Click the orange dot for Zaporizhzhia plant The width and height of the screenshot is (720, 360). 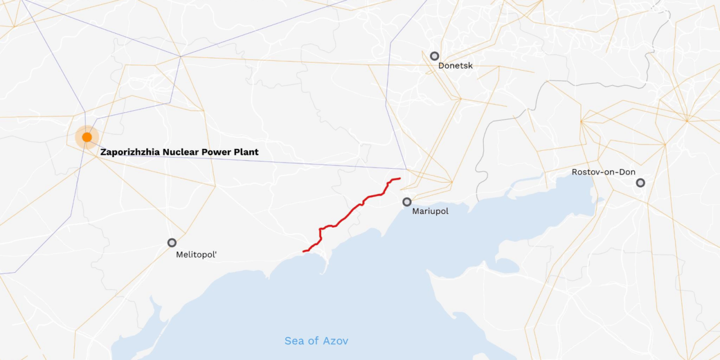[87, 137]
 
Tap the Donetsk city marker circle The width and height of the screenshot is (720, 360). [434, 56]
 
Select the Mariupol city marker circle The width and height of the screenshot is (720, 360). [407, 202]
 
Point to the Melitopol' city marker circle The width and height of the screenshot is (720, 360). [172, 242]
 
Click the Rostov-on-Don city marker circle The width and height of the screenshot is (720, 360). [640, 183]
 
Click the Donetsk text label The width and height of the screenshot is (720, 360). [456, 66]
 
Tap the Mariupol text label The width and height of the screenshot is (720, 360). [430, 211]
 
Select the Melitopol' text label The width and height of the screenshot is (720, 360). [196, 254]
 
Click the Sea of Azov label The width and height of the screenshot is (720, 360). [316, 341]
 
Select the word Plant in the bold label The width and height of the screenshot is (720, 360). [246, 152]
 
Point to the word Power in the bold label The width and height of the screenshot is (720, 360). [215, 152]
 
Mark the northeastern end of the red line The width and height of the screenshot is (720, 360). [399, 179]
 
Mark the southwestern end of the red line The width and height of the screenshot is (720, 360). [304, 251]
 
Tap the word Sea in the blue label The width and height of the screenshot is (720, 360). [294, 341]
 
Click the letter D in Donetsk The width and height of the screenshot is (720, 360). [442, 66]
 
